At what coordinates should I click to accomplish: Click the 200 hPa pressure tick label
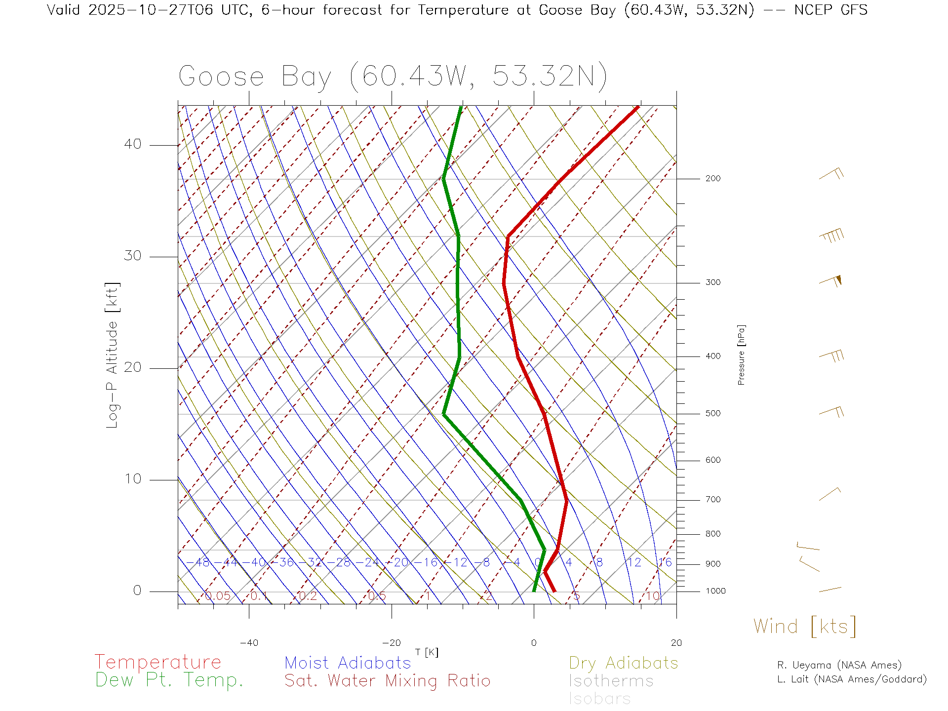(x=712, y=179)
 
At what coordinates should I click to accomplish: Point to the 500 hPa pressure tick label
(x=712, y=414)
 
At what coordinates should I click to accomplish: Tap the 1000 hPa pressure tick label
(x=715, y=591)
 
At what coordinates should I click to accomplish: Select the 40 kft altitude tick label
(x=132, y=144)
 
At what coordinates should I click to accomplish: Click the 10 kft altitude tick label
(x=132, y=479)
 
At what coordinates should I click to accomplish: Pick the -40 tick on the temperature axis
(x=249, y=643)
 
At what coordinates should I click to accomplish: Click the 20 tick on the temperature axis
(x=676, y=643)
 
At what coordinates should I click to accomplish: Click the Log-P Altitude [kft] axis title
(x=113, y=355)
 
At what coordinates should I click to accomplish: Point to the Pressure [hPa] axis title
(x=741, y=355)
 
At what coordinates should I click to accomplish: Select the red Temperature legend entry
(x=158, y=662)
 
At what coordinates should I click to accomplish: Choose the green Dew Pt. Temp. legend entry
(x=169, y=680)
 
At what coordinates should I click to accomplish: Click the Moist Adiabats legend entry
(x=348, y=663)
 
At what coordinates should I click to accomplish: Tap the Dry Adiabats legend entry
(x=623, y=663)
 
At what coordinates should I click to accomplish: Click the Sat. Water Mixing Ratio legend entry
(x=387, y=681)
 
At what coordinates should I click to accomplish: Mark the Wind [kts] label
(x=804, y=627)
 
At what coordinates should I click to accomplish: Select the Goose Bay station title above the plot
(x=393, y=77)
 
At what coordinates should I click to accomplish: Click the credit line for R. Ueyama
(x=839, y=665)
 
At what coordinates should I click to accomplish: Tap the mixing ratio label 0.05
(x=218, y=596)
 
